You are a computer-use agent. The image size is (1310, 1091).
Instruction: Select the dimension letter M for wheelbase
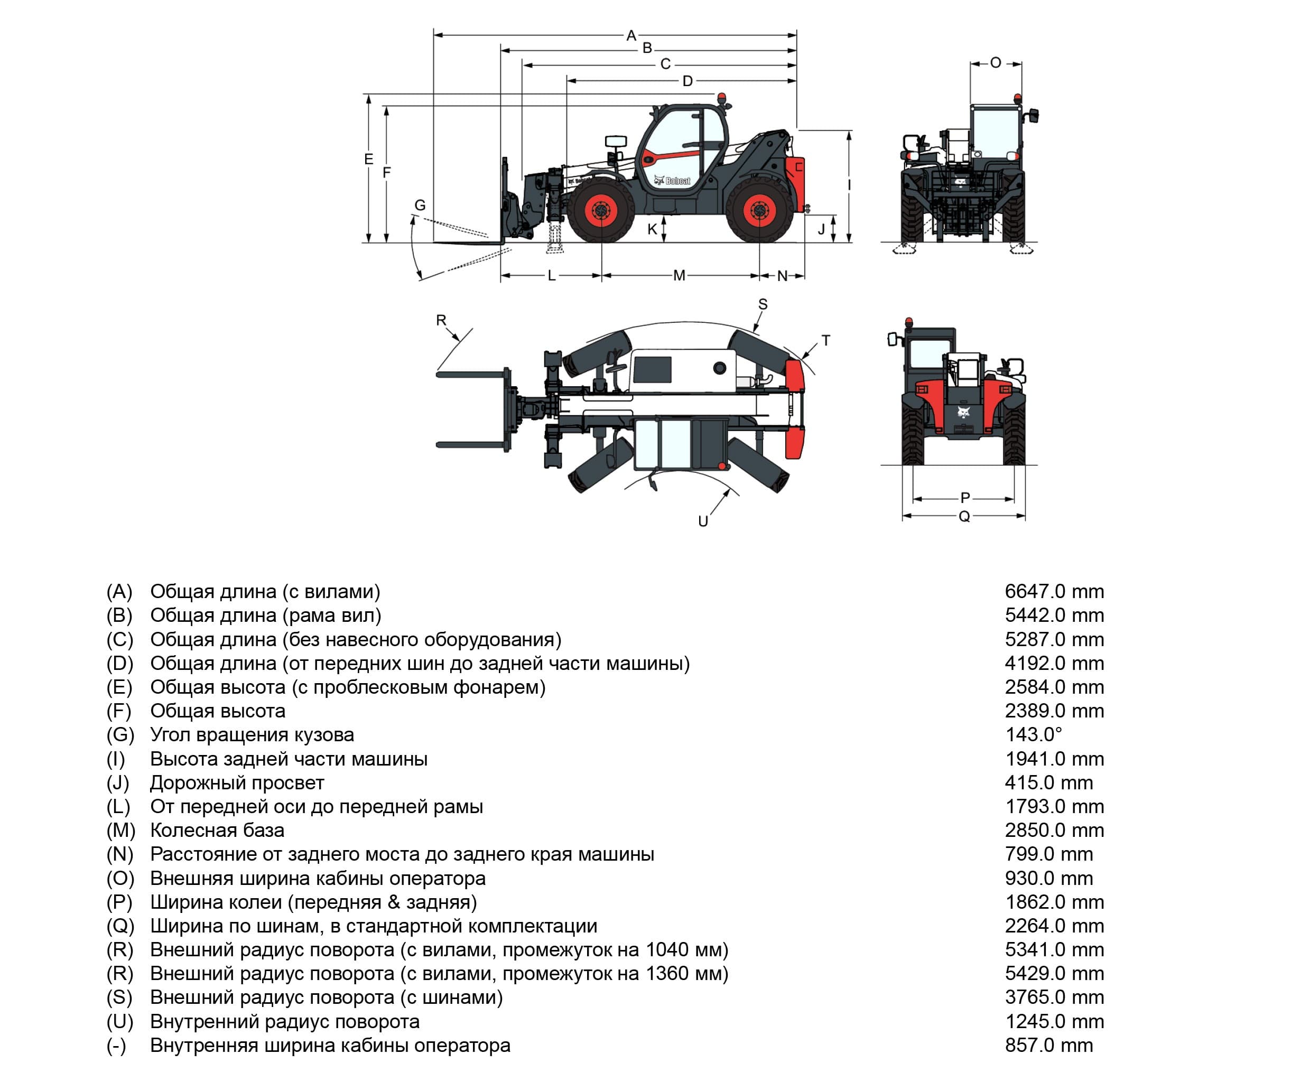(680, 275)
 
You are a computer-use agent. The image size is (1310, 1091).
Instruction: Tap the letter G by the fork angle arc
(420, 204)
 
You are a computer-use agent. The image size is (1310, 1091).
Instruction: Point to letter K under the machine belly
(652, 229)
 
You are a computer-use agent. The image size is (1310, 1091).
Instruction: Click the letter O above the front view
(996, 62)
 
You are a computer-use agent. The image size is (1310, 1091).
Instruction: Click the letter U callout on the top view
(703, 521)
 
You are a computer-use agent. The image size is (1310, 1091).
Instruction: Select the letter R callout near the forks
(441, 320)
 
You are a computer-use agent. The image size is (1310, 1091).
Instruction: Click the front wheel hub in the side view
(601, 211)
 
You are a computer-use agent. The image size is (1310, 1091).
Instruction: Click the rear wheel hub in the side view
(759, 211)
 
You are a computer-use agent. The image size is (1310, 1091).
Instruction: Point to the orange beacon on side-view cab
(722, 98)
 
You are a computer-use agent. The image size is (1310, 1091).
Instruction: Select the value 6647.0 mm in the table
(1054, 591)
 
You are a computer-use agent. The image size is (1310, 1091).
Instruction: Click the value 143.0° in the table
(1033, 734)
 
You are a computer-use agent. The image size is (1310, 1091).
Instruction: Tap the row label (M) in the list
(120, 829)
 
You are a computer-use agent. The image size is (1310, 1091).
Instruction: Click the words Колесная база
(217, 829)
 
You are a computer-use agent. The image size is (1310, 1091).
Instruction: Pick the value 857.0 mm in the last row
(1048, 1045)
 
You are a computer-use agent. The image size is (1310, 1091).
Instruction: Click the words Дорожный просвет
(237, 782)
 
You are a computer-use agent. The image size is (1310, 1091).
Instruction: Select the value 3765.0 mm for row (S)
(1054, 997)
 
